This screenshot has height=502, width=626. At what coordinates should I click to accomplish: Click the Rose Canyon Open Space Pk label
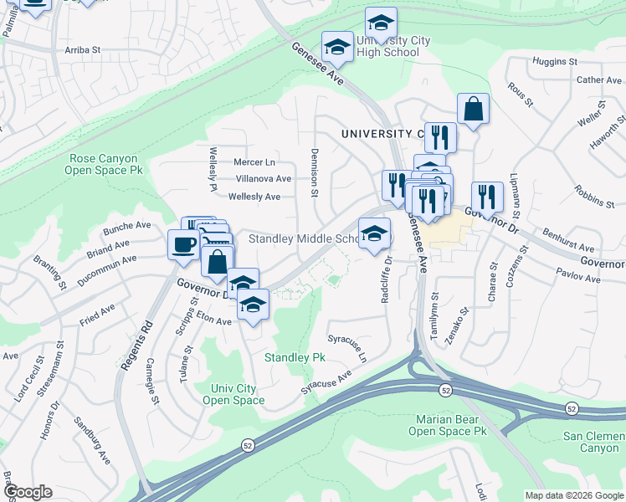[107, 163]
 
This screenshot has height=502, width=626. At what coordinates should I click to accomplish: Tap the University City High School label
[387, 46]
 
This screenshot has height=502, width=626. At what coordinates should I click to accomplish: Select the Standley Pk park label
[295, 357]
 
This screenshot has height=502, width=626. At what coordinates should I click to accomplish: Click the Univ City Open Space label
[233, 394]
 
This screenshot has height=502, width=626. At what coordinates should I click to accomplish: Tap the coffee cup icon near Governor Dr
[184, 244]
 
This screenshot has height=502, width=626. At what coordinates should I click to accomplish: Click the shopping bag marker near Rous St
[473, 110]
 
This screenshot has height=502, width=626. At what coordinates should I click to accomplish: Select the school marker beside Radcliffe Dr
[374, 233]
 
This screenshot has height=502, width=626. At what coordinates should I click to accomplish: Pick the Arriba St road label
[83, 50]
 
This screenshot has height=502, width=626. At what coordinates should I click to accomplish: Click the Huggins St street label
[556, 62]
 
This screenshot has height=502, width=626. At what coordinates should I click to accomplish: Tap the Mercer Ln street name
[254, 161]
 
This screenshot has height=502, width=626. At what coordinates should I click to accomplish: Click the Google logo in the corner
[28, 492]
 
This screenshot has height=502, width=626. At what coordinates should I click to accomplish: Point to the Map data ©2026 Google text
[574, 495]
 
